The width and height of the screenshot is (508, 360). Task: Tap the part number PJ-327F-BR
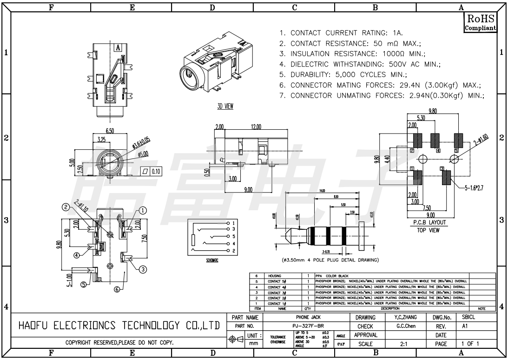pyautogui.click(x=305, y=326)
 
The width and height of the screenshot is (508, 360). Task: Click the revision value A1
pyautogui.click(x=465, y=326)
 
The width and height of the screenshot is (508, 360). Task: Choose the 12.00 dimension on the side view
pyautogui.click(x=256, y=127)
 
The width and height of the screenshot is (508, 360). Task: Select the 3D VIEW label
pyautogui.click(x=225, y=107)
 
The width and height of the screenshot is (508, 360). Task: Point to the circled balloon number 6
pyautogui.click(x=117, y=289)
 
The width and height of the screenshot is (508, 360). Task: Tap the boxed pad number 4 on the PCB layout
pyautogui.click(x=438, y=151)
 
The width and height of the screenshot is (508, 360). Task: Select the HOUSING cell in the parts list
pyautogui.click(x=275, y=276)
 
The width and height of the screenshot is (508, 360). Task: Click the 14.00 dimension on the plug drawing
pyautogui.click(x=322, y=191)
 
